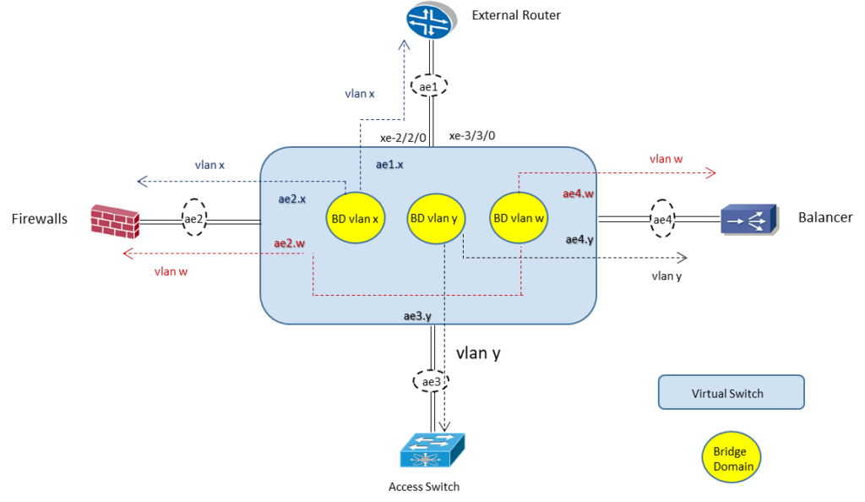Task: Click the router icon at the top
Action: click(x=432, y=20)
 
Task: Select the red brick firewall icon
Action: click(x=115, y=221)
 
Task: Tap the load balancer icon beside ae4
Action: click(x=748, y=219)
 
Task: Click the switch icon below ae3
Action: click(x=432, y=450)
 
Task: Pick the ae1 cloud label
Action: click(x=428, y=86)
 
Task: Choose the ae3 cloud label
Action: click(x=432, y=382)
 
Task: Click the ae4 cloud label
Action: click(x=662, y=220)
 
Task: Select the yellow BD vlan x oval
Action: click(x=355, y=218)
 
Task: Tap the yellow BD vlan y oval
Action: click(x=435, y=218)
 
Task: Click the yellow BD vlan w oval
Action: click(x=519, y=218)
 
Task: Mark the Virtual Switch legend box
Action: click(x=731, y=393)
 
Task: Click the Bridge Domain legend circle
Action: click(x=732, y=460)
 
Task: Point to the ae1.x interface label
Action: click(x=389, y=165)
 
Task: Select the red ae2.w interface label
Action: click(x=289, y=243)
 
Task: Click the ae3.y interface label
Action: click(x=418, y=317)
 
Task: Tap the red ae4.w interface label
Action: click(x=579, y=194)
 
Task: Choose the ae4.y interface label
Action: click(x=579, y=240)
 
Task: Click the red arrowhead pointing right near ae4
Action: click(x=711, y=173)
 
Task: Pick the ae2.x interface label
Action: click(x=291, y=199)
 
